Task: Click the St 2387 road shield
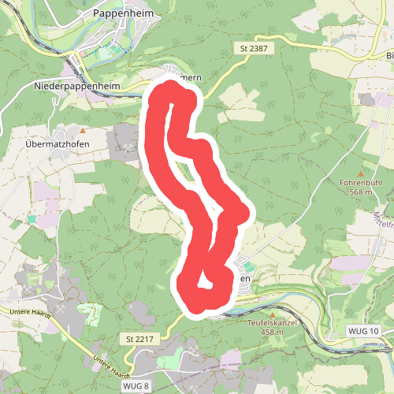coord(255,49)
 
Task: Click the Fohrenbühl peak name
coord(361,183)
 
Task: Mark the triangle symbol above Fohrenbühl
coord(361,173)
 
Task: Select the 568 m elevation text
coord(361,192)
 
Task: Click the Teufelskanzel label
coord(271,322)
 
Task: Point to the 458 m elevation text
coord(271,332)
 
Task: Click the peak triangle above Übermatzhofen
coord(81,130)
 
